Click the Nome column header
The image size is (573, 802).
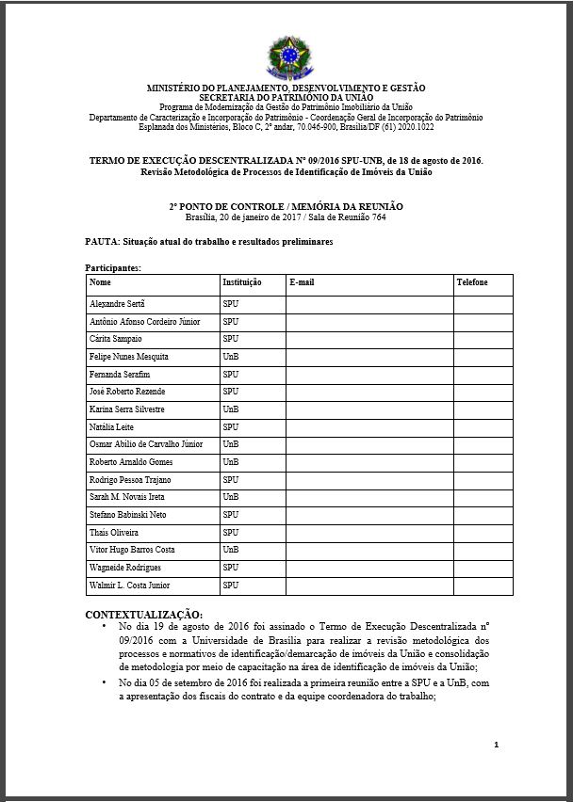click(100, 282)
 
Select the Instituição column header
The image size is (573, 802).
click(242, 282)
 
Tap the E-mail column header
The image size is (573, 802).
click(302, 282)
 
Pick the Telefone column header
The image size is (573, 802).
click(472, 282)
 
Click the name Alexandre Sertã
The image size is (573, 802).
click(117, 305)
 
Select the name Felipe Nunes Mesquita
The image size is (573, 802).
click(129, 357)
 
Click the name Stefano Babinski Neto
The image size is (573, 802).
click(129, 515)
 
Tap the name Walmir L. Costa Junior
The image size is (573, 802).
click(130, 585)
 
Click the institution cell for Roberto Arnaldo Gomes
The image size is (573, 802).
click(231, 462)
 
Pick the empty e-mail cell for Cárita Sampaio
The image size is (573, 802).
click(369, 339)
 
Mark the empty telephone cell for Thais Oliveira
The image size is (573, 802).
click(483, 533)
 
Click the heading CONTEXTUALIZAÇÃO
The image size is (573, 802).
click(143, 615)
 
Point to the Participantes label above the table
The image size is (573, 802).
click(113, 267)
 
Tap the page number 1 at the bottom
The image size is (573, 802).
click(496, 745)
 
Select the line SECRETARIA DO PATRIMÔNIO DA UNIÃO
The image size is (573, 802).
click(286, 96)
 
